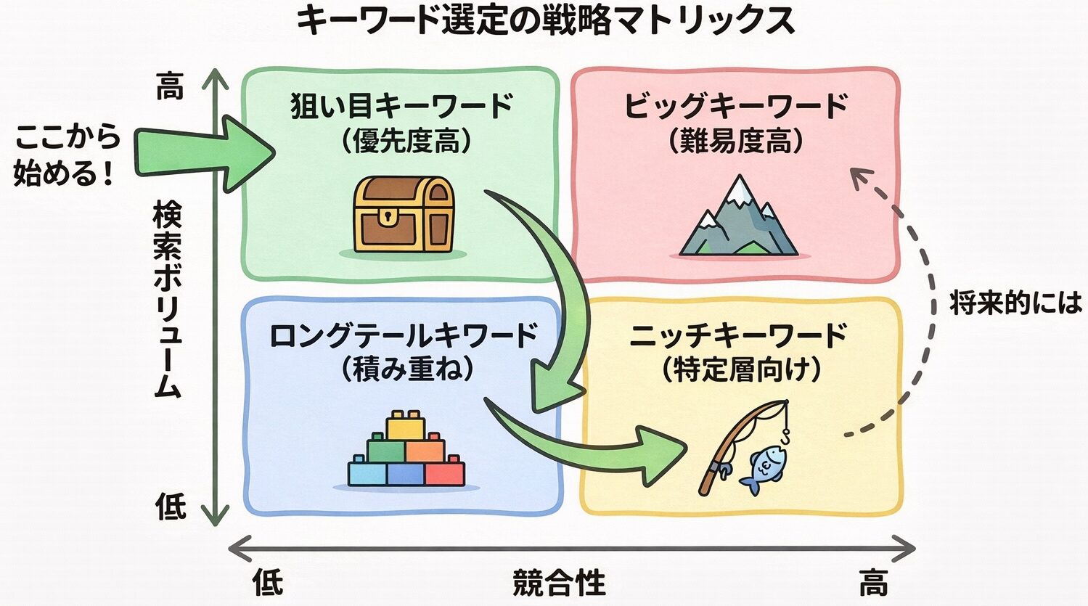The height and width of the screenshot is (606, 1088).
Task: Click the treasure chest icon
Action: tap(404, 215)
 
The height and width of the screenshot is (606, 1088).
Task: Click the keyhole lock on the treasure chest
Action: tap(390, 216)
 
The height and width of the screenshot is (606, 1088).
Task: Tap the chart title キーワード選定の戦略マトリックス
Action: tap(545, 20)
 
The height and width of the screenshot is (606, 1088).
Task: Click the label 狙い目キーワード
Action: tap(402, 106)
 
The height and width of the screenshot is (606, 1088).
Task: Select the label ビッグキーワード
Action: tap(736, 106)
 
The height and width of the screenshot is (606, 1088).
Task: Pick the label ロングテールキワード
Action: tap(404, 336)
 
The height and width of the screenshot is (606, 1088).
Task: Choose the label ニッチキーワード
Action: tap(739, 336)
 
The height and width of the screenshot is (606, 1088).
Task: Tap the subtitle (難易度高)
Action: tap(735, 141)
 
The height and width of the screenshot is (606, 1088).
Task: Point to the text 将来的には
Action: tap(1015, 303)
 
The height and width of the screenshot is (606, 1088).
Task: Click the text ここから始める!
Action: tap(66, 155)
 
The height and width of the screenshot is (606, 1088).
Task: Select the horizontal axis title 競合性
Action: tap(559, 582)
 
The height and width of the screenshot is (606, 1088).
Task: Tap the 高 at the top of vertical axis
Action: tap(170, 86)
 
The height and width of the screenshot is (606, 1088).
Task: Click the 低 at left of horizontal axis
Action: tap(267, 582)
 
